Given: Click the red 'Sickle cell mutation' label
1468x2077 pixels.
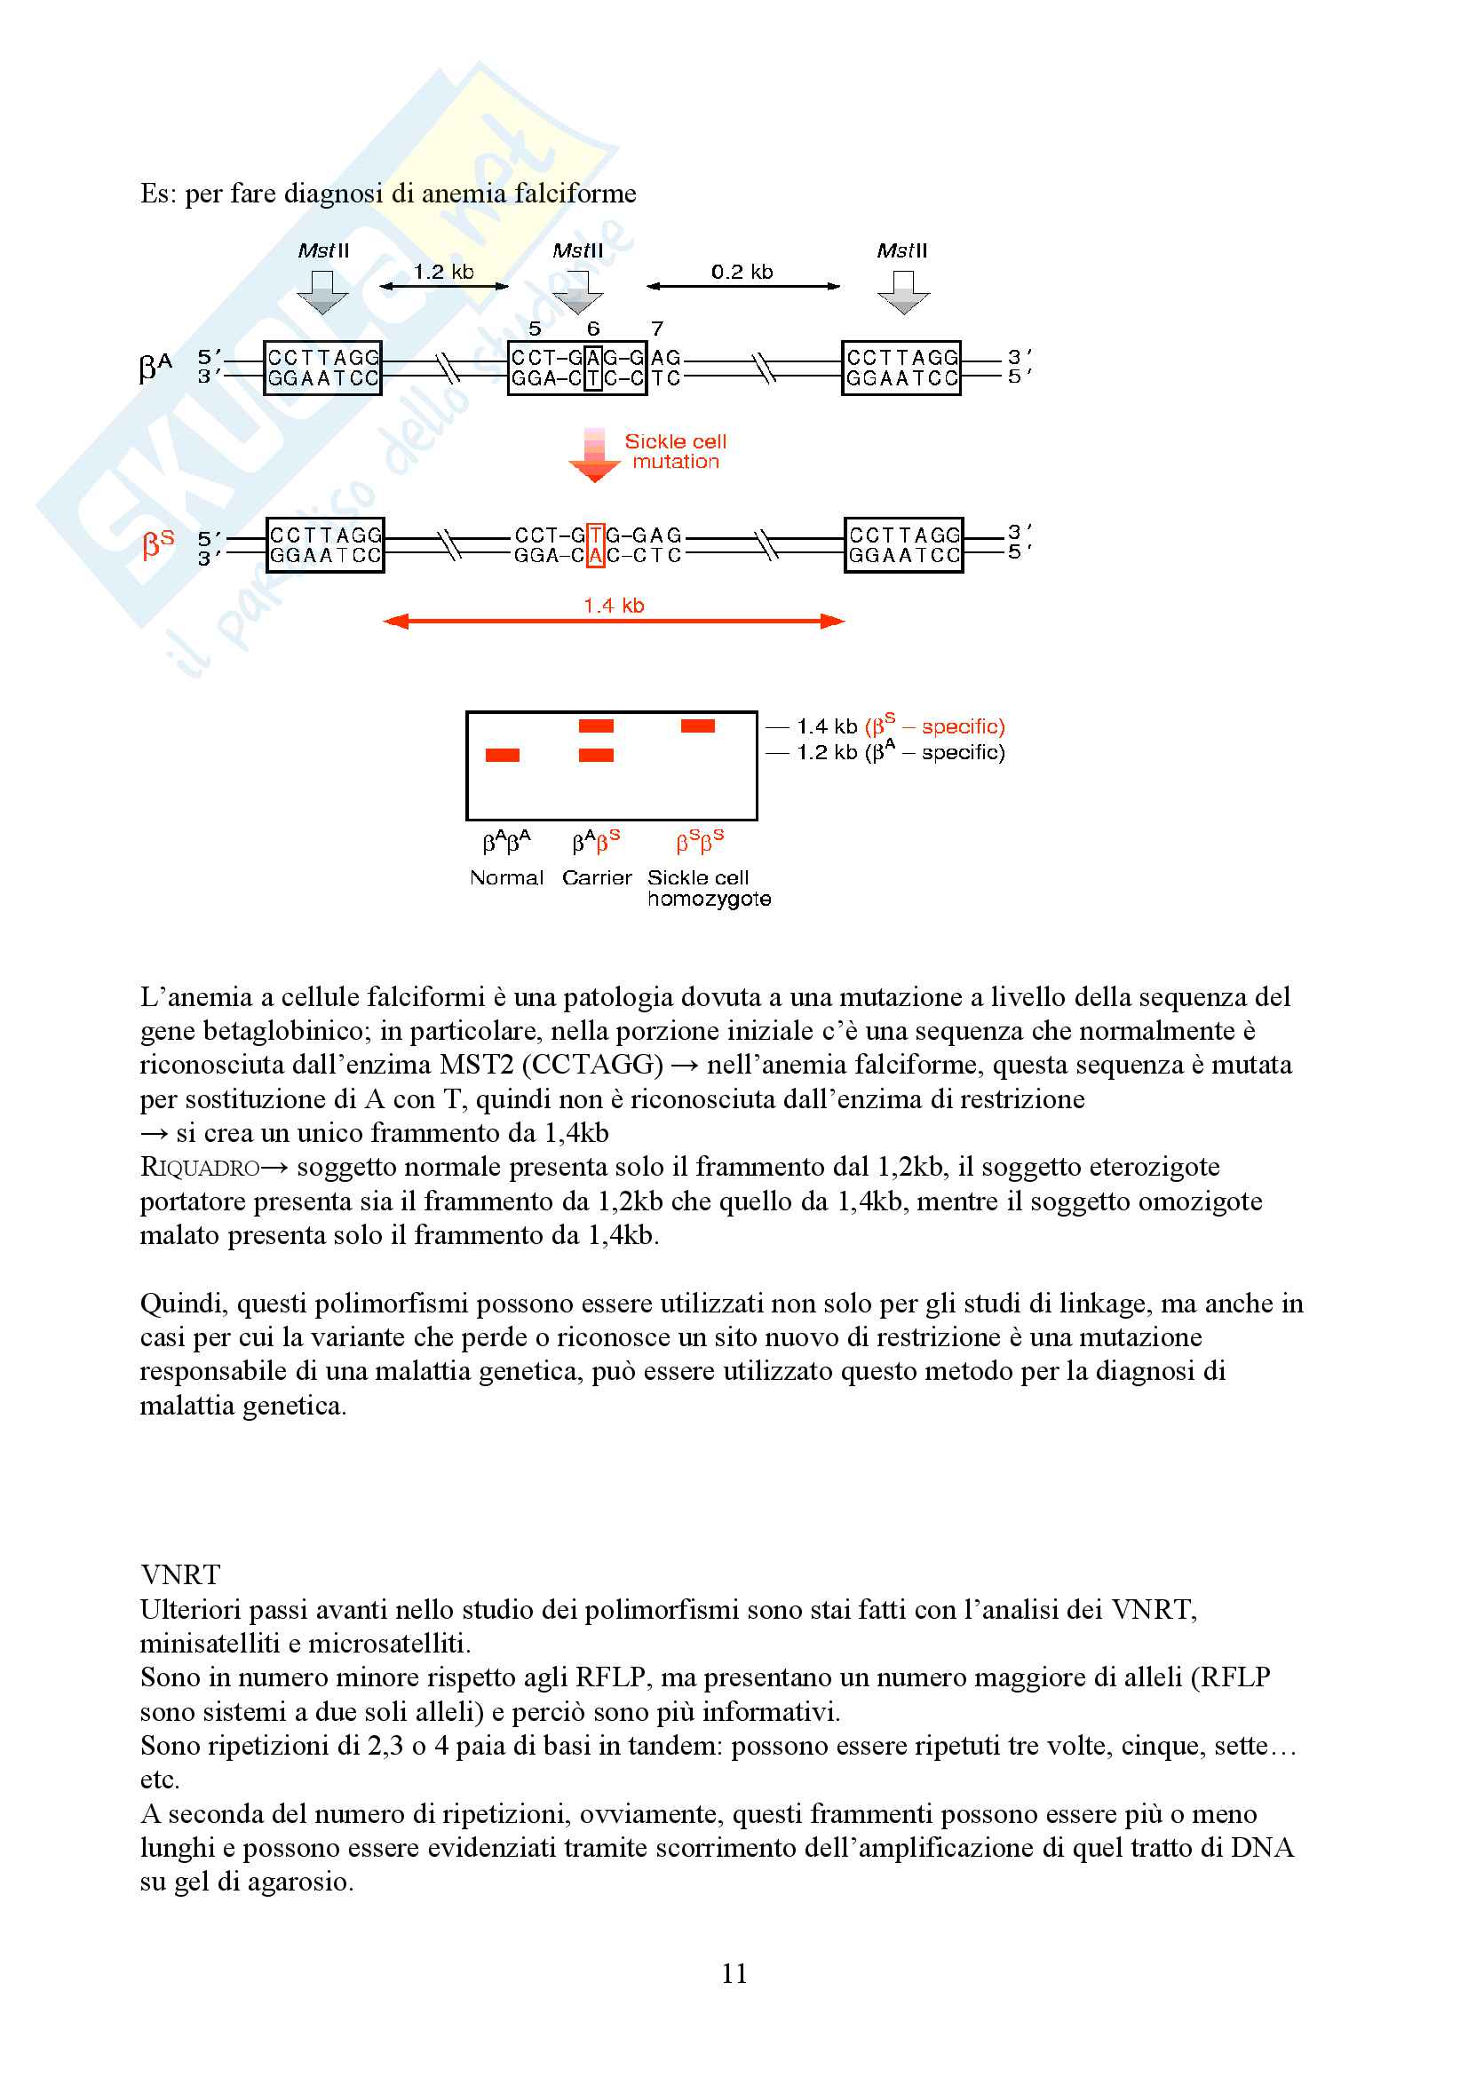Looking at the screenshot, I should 675,451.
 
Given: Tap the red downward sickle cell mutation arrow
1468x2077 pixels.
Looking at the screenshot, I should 594,456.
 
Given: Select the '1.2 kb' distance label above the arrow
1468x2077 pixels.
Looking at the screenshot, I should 443,273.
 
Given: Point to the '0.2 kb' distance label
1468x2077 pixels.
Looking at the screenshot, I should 742,273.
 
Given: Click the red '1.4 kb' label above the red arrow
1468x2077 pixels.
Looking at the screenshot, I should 614,606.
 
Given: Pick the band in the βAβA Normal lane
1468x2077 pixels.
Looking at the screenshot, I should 502,756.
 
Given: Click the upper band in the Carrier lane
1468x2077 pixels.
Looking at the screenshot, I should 596,725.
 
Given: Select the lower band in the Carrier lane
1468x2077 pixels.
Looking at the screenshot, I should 596,756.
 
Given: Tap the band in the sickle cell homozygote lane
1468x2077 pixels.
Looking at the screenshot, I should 697,725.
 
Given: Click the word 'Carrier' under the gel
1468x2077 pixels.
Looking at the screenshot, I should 596,877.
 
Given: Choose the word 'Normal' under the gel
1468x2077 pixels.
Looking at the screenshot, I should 506,877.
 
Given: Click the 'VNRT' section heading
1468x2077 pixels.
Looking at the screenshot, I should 180,1575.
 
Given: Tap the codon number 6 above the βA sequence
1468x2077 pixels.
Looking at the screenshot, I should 593,329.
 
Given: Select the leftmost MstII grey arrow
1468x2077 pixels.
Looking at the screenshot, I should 323,292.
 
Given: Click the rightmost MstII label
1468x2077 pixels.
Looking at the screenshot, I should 901,250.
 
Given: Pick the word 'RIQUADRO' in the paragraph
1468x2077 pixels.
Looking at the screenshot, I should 200,1167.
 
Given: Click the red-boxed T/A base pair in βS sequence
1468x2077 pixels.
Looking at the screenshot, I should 595,545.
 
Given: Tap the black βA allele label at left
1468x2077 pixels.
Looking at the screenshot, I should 155,367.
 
